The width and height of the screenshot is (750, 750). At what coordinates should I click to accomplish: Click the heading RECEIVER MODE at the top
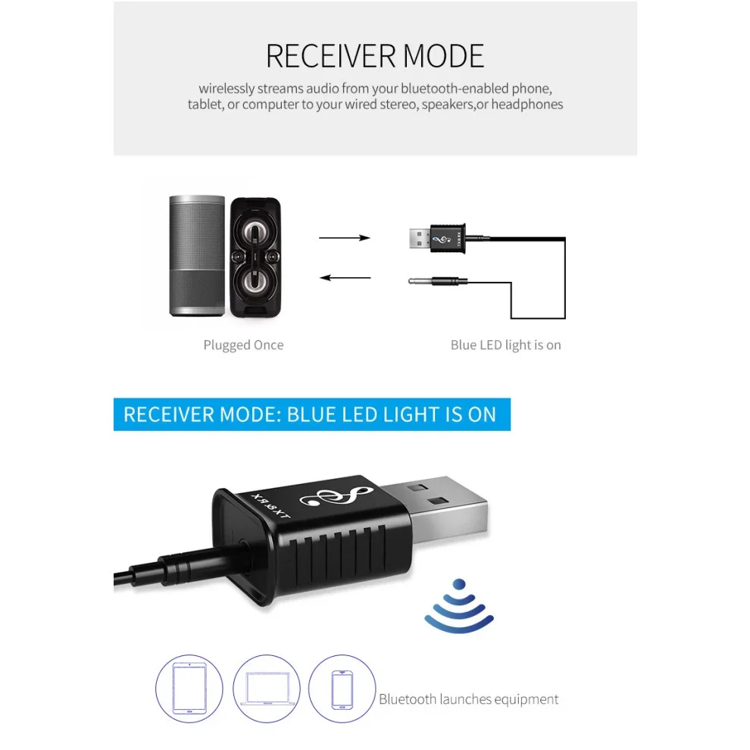[374, 57]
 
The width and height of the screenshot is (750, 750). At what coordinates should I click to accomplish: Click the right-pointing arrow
[345, 238]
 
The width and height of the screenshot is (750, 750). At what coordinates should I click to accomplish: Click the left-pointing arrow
[345, 277]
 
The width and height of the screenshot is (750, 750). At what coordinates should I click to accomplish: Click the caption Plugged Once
[243, 345]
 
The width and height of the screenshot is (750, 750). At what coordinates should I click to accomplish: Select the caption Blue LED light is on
[505, 345]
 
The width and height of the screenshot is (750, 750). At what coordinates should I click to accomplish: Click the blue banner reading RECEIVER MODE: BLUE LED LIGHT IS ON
[311, 414]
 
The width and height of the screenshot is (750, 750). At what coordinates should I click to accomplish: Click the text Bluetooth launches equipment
[469, 699]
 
